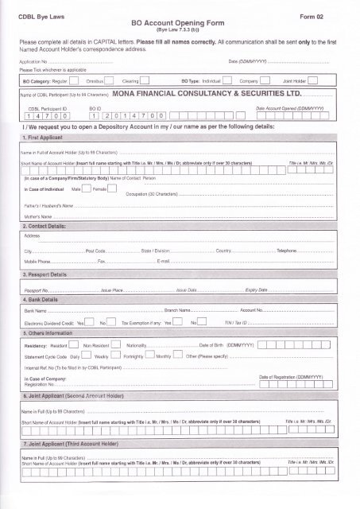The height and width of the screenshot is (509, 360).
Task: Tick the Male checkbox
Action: (x=85, y=189)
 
